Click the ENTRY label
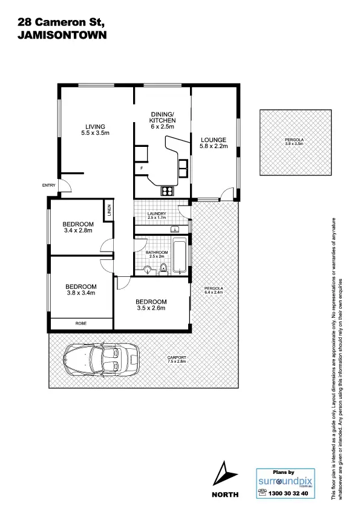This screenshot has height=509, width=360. [48, 186]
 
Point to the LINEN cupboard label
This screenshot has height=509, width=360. [110, 211]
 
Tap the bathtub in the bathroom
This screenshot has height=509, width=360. [180, 257]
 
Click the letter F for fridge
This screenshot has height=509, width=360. [142, 167]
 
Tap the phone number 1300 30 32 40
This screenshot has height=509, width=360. [288, 493]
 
